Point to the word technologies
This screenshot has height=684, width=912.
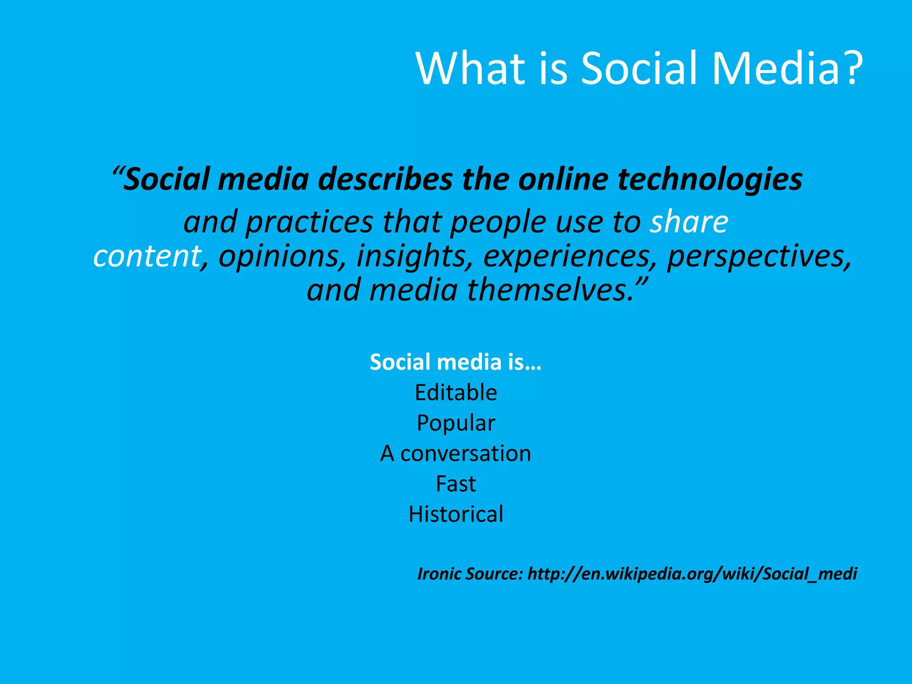(x=710, y=179)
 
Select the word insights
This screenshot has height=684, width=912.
(x=414, y=257)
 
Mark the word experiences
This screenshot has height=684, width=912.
(x=570, y=257)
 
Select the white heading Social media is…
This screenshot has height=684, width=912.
(x=456, y=362)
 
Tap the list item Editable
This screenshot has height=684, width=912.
(x=456, y=392)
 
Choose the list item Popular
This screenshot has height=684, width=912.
(x=456, y=423)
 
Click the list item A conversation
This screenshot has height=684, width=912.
(x=456, y=453)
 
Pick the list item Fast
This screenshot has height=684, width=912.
(x=456, y=484)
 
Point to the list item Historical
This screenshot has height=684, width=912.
(x=456, y=514)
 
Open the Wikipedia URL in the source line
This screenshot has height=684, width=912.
(x=692, y=574)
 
